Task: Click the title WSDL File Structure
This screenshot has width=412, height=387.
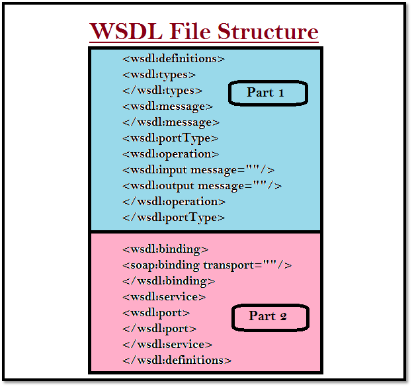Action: (x=204, y=31)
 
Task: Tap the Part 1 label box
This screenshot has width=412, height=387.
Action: (x=268, y=93)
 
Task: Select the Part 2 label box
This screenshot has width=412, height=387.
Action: (x=270, y=316)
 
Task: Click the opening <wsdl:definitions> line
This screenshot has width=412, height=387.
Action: (x=174, y=59)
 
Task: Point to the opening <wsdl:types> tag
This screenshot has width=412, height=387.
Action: (x=159, y=75)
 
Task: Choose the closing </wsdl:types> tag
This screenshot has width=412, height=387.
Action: (x=162, y=91)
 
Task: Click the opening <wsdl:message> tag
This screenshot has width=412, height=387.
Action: (x=167, y=107)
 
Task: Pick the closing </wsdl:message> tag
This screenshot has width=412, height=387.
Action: (x=171, y=122)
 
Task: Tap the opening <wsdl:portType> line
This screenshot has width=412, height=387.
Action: (x=170, y=138)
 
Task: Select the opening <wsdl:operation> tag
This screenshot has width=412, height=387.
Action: (x=171, y=154)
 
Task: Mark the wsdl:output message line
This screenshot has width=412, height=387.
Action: (x=202, y=186)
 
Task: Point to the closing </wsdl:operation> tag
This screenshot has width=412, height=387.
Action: (x=174, y=202)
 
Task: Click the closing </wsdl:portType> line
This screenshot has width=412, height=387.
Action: (x=174, y=218)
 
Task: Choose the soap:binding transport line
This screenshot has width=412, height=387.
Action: (x=207, y=265)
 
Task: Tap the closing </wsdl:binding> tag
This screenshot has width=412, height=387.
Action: (x=169, y=281)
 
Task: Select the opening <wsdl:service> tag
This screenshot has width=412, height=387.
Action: (x=164, y=297)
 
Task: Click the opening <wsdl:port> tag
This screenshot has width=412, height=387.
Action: (x=156, y=313)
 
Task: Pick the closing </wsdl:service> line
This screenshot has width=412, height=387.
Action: (x=167, y=345)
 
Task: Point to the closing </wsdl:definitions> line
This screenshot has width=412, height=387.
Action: (x=177, y=361)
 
